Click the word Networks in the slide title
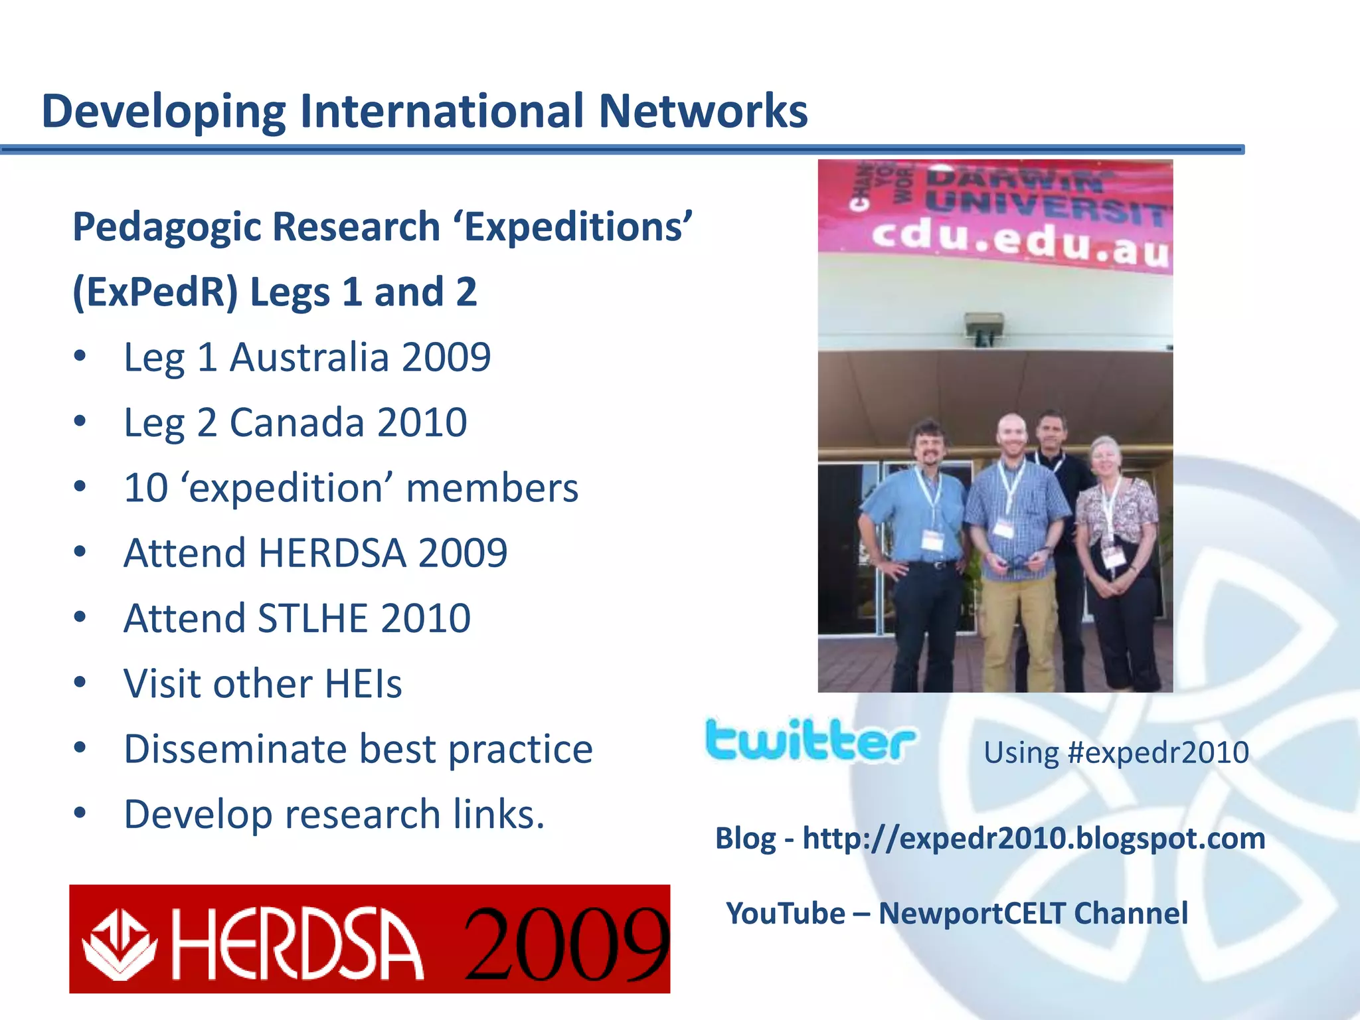point(703,111)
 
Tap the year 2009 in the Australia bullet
point(446,357)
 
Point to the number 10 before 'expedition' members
point(146,488)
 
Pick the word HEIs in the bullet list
point(363,683)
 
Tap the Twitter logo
point(809,740)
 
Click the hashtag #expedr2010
point(1157,753)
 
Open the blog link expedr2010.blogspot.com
point(1033,839)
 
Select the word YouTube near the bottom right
point(785,914)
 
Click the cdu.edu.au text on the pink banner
point(1019,242)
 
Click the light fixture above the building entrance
point(984,329)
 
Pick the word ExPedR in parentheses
point(155,293)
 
